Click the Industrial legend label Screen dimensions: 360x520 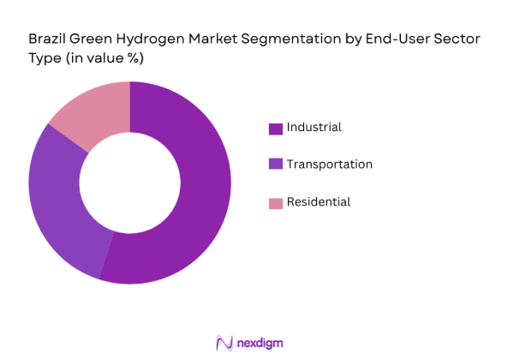pyautogui.click(x=314, y=127)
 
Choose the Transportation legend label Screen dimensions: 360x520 pyautogui.click(x=329, y=164)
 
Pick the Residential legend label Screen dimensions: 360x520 pyautogui.click(x=318, y=201)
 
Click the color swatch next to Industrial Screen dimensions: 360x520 pyautogui.click(x=275, y=129)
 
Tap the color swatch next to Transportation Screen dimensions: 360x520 pyautogui.click(x=275, y=165)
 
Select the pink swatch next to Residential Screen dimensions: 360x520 pyautogui.click(x=275, y=203)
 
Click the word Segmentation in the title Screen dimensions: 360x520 pyautogui.click(x=273, y=39)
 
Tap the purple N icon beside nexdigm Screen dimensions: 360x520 pyautogui.click(x=226, y=343)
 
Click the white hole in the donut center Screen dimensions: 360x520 pyautogui.click(x=129, y=183)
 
